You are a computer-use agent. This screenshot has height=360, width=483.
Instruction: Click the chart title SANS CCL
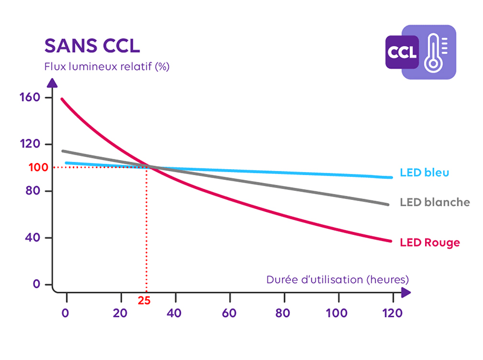click(x=92, y=45)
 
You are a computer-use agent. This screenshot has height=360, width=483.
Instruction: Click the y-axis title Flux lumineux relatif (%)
click(x=106, y=66)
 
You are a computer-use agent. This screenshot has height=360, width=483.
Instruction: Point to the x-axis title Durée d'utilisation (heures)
click(x=337, y=280)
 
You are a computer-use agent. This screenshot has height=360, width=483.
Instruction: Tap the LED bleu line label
click(x=424, y=173)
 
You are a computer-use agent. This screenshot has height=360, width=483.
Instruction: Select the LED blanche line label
click(x=434, y=202)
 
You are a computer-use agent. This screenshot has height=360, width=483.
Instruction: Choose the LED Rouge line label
click(x=429, y=243)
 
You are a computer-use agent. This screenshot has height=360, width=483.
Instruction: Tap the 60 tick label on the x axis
click(x=229, y=313)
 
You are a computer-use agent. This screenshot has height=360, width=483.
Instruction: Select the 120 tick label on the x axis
click(x=392, y=313)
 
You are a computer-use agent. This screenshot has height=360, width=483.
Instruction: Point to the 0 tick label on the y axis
click(x=36, y=284)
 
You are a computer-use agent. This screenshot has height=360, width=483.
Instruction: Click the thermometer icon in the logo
click(x=434, y=53)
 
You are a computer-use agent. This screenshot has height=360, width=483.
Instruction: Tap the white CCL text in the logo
click(x=402, y=52)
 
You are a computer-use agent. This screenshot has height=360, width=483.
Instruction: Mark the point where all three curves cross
click(x=149, y=167)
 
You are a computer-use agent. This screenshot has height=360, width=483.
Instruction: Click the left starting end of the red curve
click(x=62, y=98)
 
